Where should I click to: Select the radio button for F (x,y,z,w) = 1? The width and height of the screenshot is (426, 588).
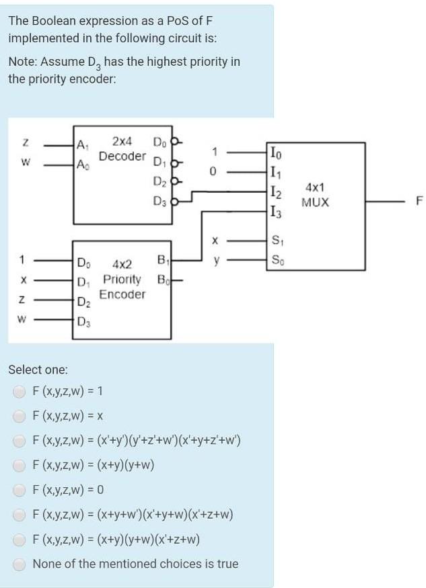point(21,390)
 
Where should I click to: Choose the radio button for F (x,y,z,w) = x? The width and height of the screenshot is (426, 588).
point(21,416)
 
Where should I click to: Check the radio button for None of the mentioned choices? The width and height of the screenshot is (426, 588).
point(21,564)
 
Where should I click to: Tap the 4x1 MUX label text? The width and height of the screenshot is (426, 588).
point(316,196)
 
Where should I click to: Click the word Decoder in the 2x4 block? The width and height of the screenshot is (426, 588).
point(122,156)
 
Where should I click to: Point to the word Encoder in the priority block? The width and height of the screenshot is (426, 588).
point(122,294)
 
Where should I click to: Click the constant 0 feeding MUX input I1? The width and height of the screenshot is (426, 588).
point(212,171)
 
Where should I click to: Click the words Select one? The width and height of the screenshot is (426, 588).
point(38,370)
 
